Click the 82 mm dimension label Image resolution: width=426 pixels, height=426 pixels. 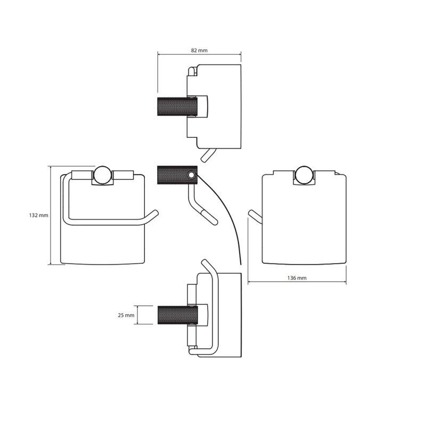199,50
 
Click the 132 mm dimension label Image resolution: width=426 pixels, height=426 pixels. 38,216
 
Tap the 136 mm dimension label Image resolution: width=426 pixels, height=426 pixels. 297,278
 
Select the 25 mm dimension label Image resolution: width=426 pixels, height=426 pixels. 126,315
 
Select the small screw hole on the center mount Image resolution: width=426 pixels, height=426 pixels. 192,174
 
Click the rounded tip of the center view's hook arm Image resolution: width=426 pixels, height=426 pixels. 212,220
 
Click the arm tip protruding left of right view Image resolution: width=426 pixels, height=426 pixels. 252,215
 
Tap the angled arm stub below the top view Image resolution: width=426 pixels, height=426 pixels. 206,155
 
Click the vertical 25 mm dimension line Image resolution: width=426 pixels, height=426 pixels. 138,315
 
